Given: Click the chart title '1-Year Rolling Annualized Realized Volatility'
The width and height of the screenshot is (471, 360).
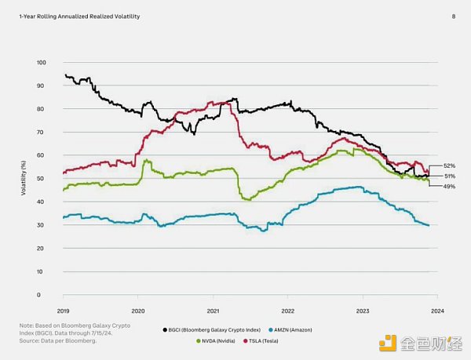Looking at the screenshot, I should pyautogui.click(x=75, y=16).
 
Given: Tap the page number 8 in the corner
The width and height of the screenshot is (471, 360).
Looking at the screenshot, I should pyautogui.click(x=453, y=16).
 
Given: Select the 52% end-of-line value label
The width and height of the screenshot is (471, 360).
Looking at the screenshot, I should pyautogui.click(x=449, y=166).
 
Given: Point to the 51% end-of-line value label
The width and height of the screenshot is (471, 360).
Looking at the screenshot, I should pyautogui.click(x=449, y=176).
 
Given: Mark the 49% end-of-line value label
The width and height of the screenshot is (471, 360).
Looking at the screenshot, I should pyautogui.click(x=449, y=187).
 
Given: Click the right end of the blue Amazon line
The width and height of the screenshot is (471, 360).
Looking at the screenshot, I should pyautogui.click(x=429, y=225).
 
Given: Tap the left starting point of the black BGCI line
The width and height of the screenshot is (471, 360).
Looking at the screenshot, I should pyautogui.click(x=65, y=75).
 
